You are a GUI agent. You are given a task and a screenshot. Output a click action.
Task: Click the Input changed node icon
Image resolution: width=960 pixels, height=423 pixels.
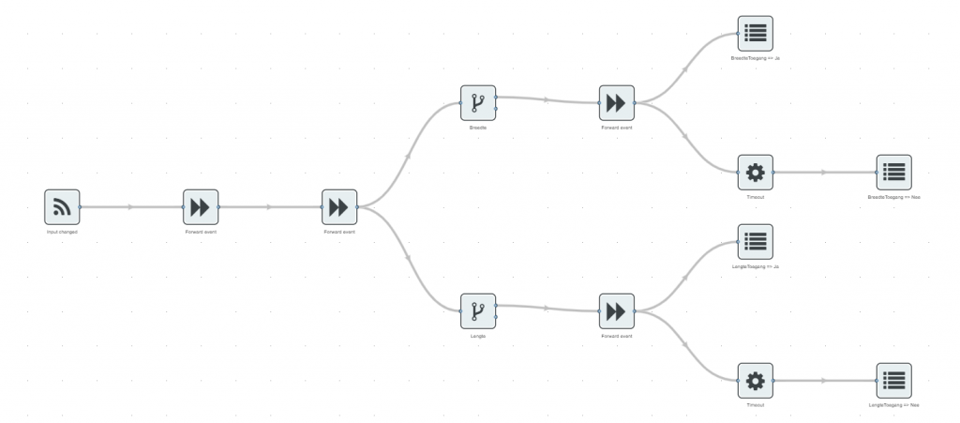[62, 206]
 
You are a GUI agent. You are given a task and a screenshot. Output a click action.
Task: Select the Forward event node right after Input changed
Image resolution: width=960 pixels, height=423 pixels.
[200, 206]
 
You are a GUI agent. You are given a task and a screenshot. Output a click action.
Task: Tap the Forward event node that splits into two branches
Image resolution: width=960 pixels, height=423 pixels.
[338, 206]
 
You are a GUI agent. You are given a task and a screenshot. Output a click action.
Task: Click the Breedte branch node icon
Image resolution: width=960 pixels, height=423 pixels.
[477, 102]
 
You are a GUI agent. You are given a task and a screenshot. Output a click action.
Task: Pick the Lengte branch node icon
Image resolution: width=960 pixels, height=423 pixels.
[477, 310]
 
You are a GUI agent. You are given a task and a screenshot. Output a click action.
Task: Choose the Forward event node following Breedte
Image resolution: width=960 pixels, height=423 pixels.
[616, 102]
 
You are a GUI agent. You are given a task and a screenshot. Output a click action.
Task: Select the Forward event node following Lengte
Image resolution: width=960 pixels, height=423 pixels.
[616, 310]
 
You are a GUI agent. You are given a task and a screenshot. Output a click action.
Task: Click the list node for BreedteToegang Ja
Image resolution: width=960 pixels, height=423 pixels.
[755, 34]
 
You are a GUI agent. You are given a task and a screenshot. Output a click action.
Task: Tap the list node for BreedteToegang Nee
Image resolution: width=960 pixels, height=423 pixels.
[893, 173]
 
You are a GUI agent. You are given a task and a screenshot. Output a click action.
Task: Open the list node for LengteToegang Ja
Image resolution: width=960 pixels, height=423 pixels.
[755, 242]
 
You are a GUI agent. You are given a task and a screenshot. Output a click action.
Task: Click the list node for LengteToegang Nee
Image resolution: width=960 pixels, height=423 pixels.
[893, 381]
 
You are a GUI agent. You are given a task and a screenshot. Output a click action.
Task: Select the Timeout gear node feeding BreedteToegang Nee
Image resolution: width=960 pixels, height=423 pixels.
[755, 173]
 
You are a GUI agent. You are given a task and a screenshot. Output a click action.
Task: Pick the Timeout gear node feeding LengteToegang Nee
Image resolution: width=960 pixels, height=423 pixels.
[755, 381]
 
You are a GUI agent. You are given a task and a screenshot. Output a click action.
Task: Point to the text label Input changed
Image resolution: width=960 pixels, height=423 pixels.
[62, 231]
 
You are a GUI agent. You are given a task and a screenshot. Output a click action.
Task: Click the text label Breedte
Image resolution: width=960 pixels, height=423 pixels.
[477, 127]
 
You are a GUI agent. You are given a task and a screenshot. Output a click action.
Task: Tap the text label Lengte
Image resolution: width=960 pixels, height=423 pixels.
[477, 335]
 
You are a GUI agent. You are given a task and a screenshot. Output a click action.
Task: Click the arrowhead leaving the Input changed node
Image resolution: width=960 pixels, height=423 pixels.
[131, 206]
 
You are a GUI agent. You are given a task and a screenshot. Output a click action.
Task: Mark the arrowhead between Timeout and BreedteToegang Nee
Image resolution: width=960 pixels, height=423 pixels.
[824, 173]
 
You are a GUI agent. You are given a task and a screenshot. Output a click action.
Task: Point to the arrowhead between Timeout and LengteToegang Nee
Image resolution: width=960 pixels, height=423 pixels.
[824, 381]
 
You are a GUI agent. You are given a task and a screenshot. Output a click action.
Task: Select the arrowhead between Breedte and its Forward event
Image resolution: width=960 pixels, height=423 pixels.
[547, 98]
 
